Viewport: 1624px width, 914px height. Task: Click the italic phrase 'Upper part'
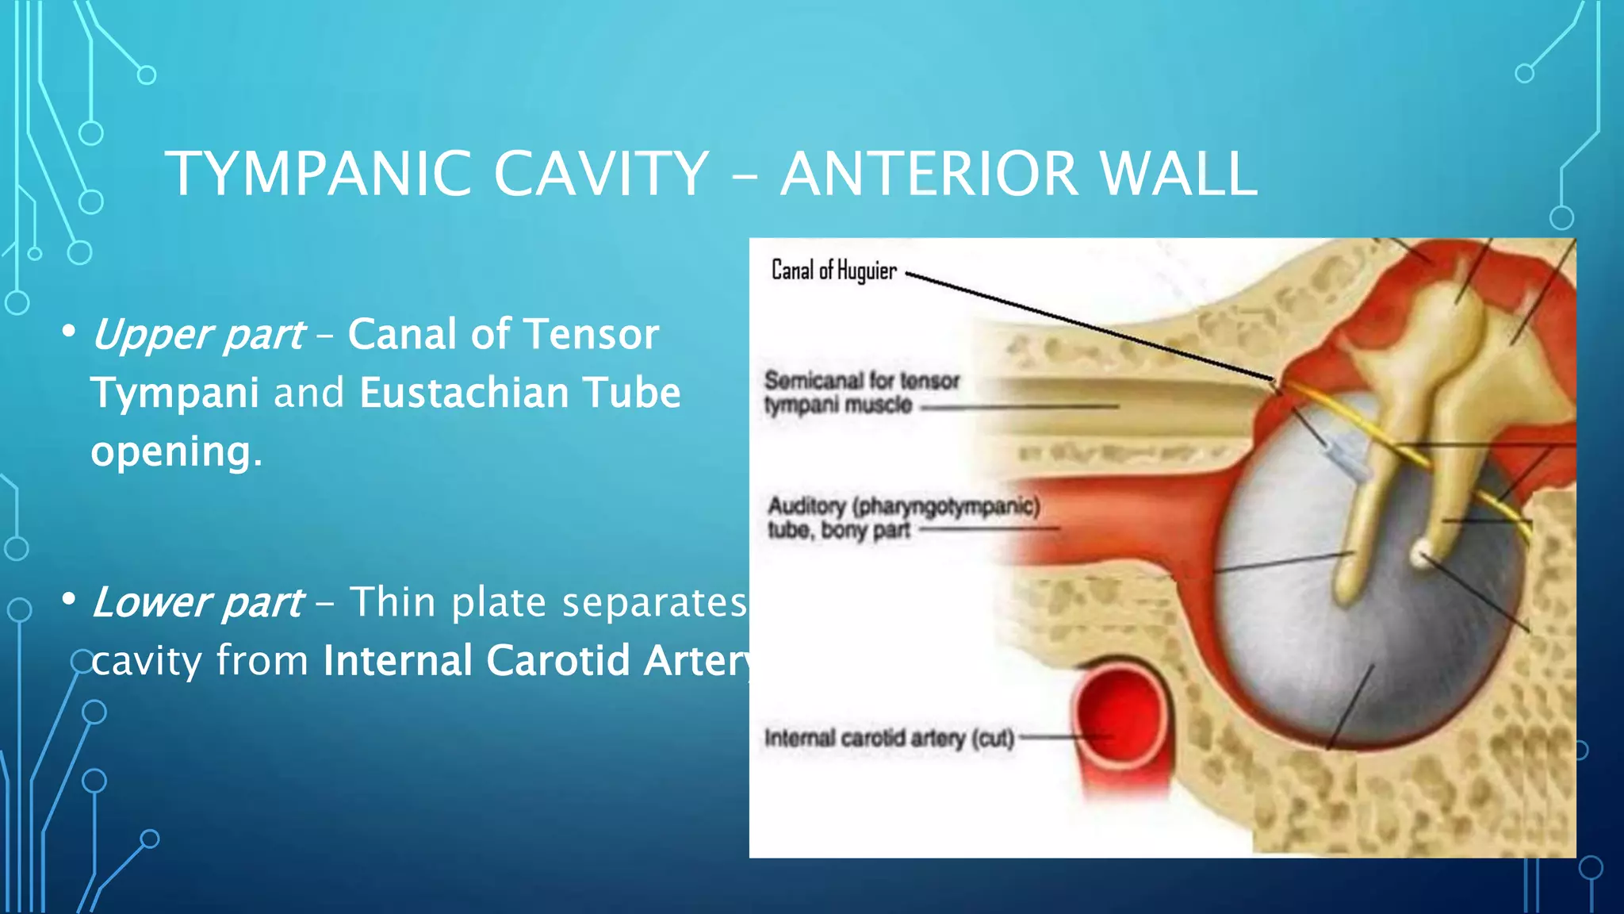197,335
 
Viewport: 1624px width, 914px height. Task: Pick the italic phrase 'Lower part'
197,602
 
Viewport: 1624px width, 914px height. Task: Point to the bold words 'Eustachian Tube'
519,393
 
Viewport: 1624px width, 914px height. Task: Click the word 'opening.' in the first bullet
176,451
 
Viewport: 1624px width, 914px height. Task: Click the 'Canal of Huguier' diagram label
833,271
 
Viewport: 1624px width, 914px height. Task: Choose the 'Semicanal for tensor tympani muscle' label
861,393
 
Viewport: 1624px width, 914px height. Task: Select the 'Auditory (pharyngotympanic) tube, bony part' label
902,517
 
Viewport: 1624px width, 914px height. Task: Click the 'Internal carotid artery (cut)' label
889,739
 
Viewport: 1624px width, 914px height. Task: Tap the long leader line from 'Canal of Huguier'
1094,327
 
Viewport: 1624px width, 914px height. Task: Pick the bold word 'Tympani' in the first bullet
174,393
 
